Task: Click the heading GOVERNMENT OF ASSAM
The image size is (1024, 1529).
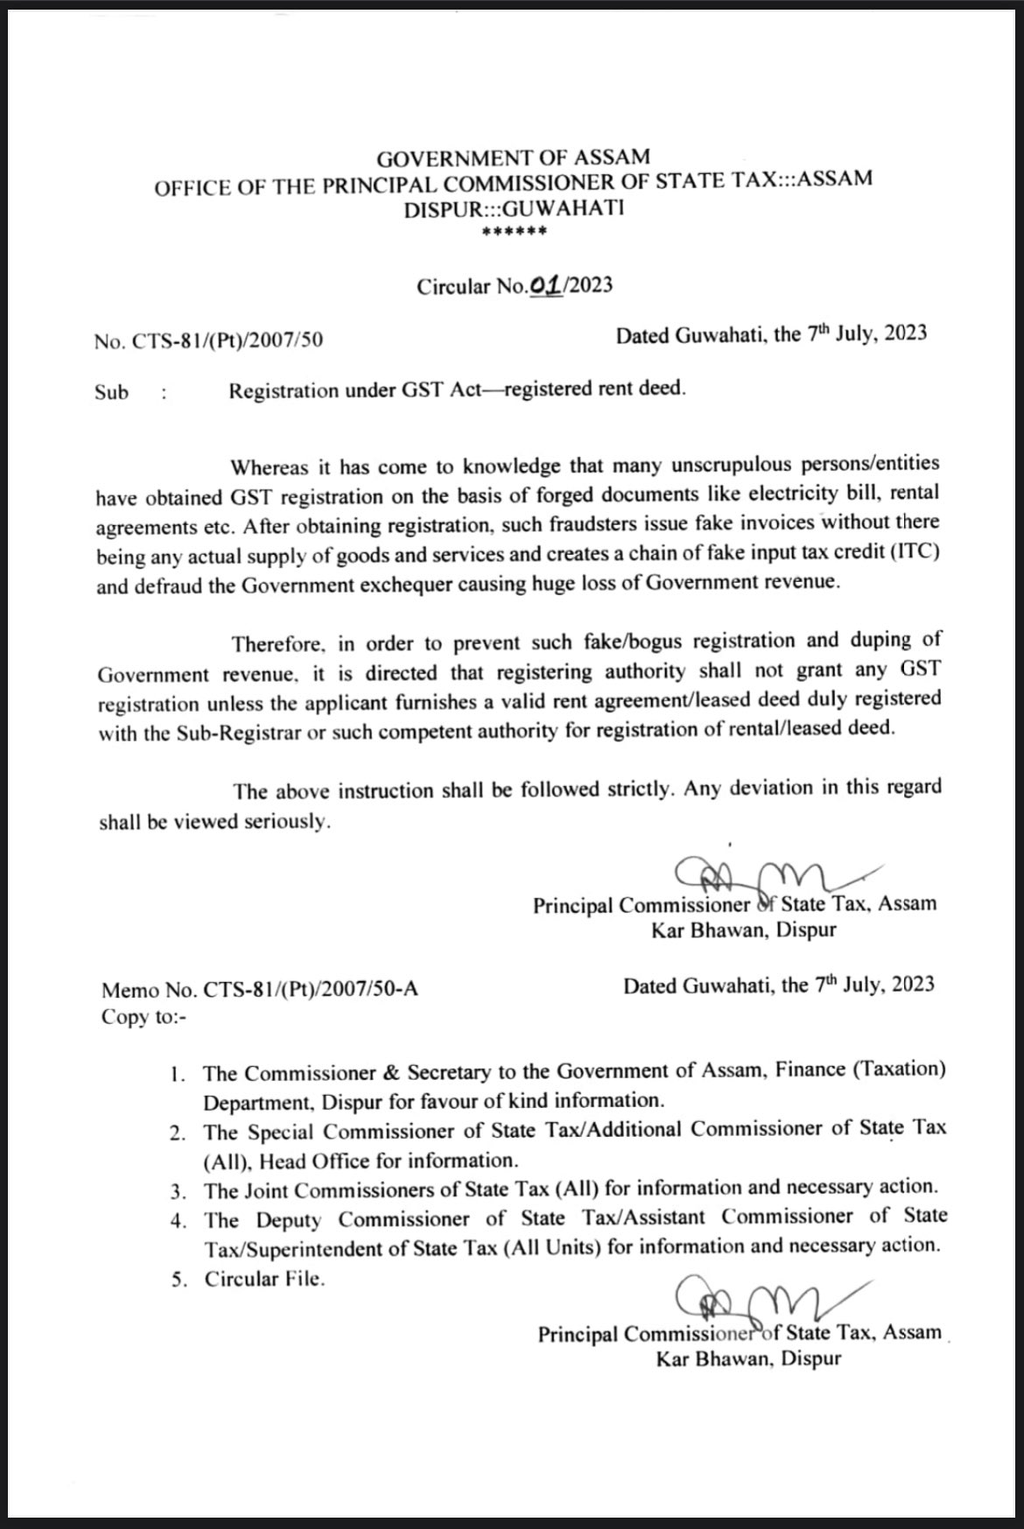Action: click(x=513, y=158)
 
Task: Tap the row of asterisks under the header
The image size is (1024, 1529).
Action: click(x=514, y=233)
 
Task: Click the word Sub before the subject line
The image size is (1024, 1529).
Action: click(x=111, y=392)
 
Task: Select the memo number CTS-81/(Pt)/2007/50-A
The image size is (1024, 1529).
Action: click(x=310, y=990)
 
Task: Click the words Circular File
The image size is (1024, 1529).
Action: click(x=264, y=1279)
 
